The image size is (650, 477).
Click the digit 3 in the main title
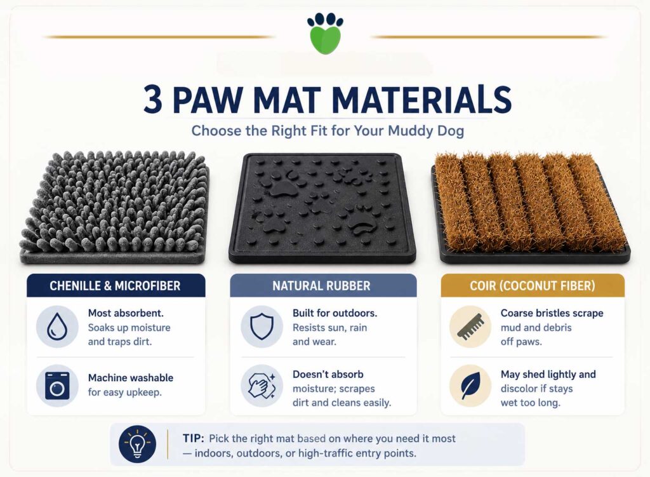pyautogui.click(x=152, y=100)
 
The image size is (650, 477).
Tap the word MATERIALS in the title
pyautogui.click(x=421, y=100)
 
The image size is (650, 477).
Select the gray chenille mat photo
pyautogui.click(x=114, y=208)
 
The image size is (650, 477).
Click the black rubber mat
pyautogui.click(x=322, y=208)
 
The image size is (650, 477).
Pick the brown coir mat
pyautogui.click(x=531, y=208)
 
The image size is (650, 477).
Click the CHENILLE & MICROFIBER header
pyautogui.click(x=116, y=285)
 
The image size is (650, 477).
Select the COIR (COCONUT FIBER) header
pyautogui.click(x=533, y=285)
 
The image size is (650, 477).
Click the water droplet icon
pyautogui.click(x=57, y=327)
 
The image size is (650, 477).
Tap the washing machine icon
pyautogui.click(x=57, y=386)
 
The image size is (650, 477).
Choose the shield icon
pyautogui.click(x=262, y=327)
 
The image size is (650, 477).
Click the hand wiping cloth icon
pyautogui.click(x=262, y=386)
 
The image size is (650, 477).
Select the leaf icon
pyautogui.click(x=470, y=386)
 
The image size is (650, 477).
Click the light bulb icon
pyautogui.click(x=137, y=445)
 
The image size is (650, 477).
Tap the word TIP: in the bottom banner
pyautogui.click(x=193, y=438)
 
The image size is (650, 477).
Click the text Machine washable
pyautogui.click(x=131, y=378)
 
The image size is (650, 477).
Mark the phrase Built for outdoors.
pyautogui.click(x=335, y=313)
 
